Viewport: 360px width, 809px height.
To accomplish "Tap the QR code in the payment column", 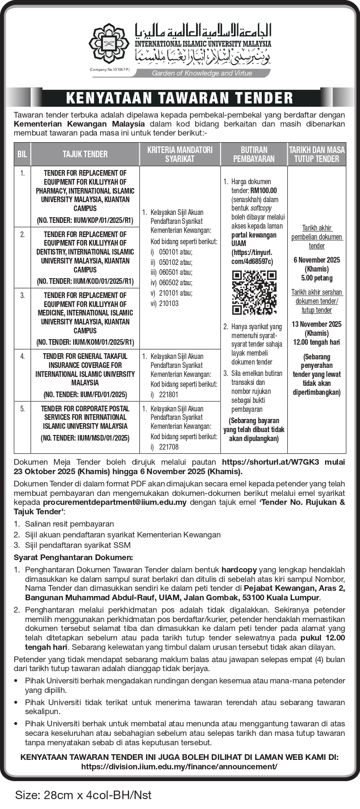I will (x=254, y=292).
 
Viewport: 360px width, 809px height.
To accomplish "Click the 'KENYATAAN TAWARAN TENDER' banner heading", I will (x=180, y=98).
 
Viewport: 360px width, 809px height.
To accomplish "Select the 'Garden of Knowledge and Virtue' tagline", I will (x=202, y=73).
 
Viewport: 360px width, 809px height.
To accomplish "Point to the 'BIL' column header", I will (x=22, y=154).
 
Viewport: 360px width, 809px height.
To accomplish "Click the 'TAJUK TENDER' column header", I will (x=85, y=154).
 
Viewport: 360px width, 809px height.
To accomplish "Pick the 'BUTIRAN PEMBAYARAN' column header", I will (x=254, y=154).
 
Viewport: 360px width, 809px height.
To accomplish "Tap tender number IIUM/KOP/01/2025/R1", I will (x=85, y=220).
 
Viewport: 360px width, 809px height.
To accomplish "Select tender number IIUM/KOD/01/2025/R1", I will (x=85, y=281).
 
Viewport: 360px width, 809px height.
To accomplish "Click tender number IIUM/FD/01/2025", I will (x=85, y=394).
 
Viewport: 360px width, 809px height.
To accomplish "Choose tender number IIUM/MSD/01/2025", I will (x=85, y=438).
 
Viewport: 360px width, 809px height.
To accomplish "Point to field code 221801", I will (x=169, y=395).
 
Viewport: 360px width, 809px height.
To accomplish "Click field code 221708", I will (x=169, y=447).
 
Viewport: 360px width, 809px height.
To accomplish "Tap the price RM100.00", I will (x=264, y=191).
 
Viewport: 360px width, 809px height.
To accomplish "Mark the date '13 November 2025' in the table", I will (x=317, y=324).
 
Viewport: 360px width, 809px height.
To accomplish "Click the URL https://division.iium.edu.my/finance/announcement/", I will (x=180, y=767).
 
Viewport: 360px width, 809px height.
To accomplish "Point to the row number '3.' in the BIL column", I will (x=22, y=295).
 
